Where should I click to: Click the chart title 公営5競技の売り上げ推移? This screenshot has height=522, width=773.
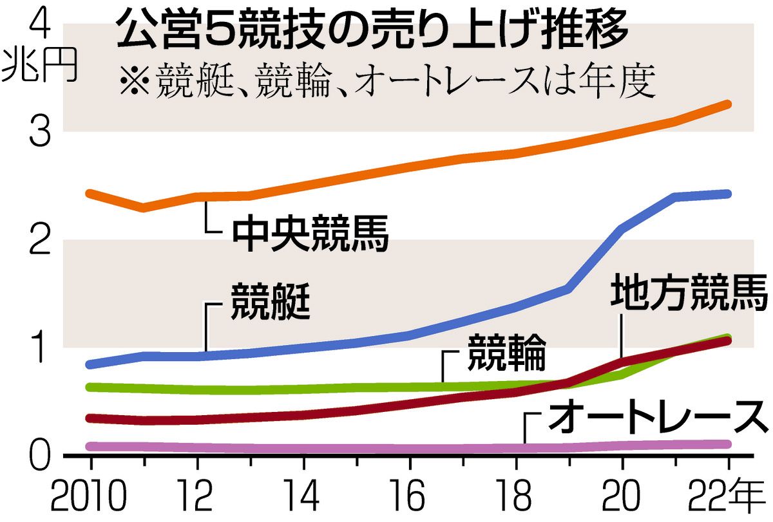pyautogui.click(x=372, y=33)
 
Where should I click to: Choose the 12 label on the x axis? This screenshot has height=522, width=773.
pyautogui.click(x=197, y=497)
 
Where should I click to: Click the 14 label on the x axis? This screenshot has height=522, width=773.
pyautogui.click(x=304, y=497)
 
